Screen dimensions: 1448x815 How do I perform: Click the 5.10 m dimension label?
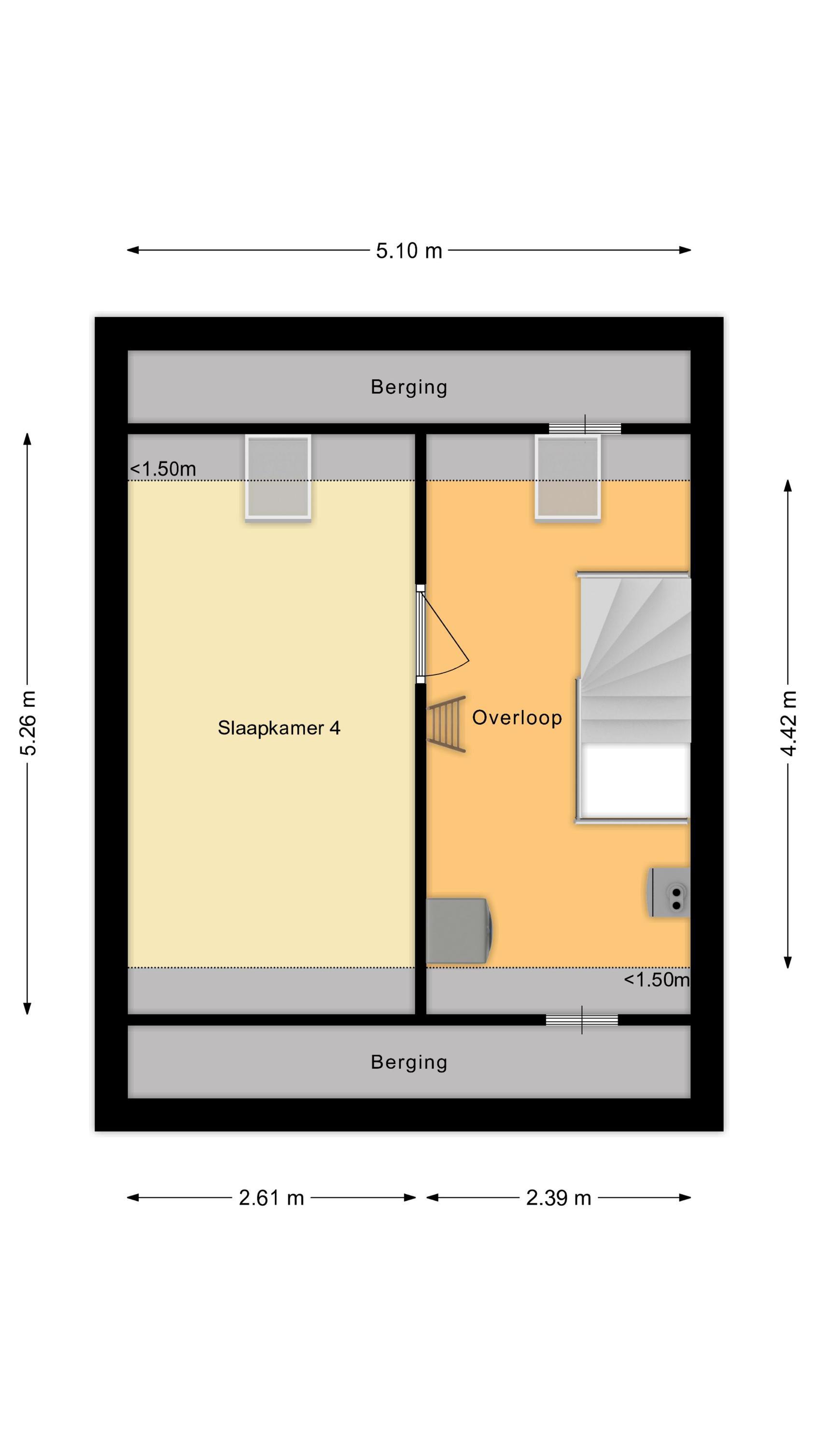click(409, 251)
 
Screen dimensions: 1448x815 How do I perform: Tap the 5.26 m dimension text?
click(28, 723)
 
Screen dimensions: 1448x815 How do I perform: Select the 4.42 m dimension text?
click(789, 723)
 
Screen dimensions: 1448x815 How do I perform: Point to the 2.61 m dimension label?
click(271, 1198)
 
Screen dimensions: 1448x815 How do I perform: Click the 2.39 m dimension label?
click(558, 1198)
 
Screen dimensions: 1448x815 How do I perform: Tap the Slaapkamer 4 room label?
click(279, 728)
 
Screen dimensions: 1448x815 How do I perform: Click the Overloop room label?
click(516, 717)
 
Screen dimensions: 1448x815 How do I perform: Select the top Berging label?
click(409, 387)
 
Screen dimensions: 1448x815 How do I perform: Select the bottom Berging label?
click(409, 1062)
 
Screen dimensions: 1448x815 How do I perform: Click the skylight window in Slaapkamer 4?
click(278, 477)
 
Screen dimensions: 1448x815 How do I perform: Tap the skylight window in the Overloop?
click(567, 477)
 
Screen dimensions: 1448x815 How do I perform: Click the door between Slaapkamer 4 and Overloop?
click(421, 633)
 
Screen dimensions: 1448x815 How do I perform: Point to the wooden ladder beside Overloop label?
click(448, 724)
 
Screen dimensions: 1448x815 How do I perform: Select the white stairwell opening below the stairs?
click(634, 780)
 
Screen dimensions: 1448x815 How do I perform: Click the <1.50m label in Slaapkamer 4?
click(163, 469)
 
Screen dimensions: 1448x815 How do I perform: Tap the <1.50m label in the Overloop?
click(656, 980)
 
